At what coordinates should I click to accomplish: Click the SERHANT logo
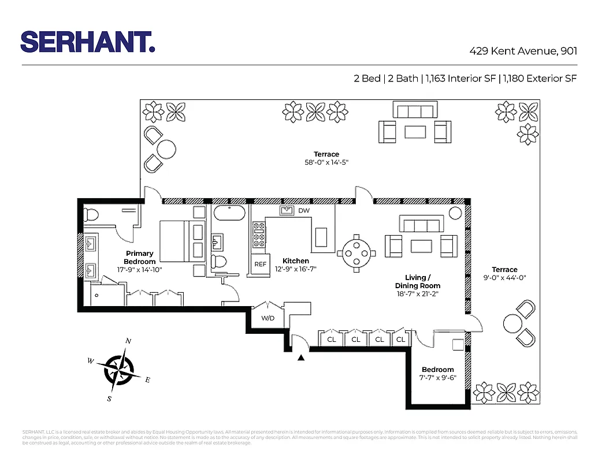pos(87,42)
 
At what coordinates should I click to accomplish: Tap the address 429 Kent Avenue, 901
pos(523,51)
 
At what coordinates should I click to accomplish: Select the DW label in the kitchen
pos(304,211)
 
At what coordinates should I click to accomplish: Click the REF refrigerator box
pos(261,264)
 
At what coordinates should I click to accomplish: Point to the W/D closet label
pos(268,318)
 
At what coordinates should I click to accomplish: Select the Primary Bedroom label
pos(140,258)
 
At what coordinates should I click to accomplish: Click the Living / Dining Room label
pos(417,282)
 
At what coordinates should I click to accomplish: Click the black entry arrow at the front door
pos(300,359)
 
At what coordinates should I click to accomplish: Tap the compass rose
pos(119,368)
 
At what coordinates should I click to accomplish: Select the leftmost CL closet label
pos(332,340)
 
